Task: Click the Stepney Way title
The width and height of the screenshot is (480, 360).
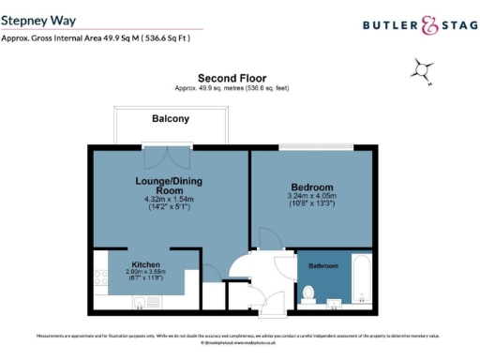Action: point(39,19)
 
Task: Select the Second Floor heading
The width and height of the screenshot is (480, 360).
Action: point(232,78)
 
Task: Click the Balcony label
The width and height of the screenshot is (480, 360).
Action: point(171,119)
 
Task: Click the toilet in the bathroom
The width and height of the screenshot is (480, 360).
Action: point(309,293)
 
